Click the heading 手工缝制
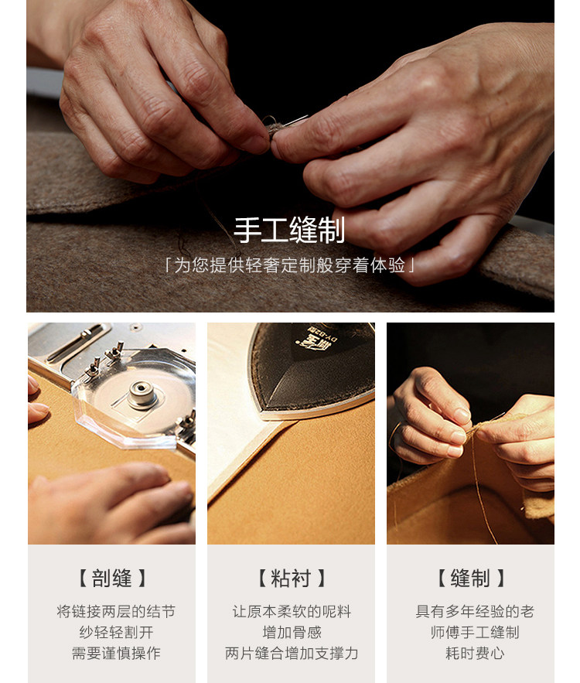tap(289, 230)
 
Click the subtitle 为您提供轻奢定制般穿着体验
tap(289, 265)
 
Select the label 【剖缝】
tap(111, 578)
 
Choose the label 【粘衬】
tap(291, 578)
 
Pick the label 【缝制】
tap(470, 578)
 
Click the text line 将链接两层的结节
tap(116, 611)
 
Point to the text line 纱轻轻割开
tap(116, 632)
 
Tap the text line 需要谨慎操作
tap(116, 653)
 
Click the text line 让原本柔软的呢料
tap(292, 611)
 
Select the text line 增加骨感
tap(292, 632)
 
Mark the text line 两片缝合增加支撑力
tap(292, 653)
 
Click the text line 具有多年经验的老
tap(475, 611)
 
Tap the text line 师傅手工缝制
tap(475, 632)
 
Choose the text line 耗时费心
tap(475, 653)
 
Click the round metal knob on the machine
tap(142, 394)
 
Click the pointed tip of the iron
tap(263, 413)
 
